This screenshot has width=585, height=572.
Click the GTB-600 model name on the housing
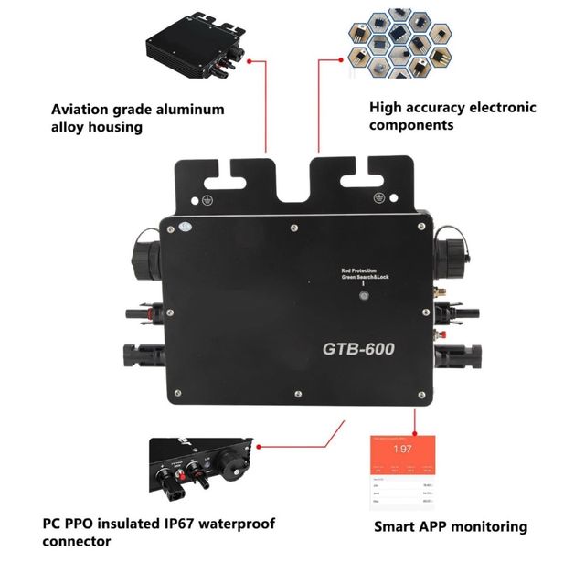357,348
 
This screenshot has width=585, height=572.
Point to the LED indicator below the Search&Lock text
363,295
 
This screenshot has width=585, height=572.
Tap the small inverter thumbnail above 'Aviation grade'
193,48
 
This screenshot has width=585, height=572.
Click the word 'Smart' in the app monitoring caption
395,526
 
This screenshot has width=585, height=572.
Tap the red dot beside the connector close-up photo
259,448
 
